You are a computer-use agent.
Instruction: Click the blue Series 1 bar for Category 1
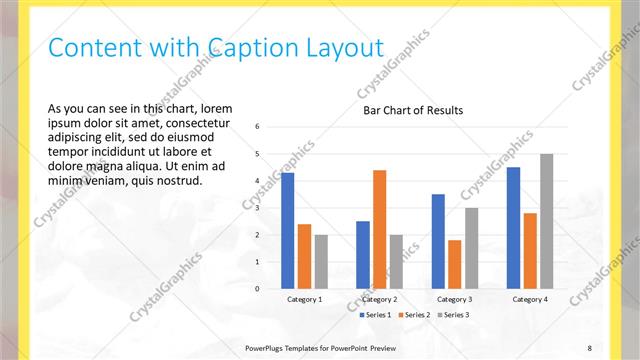(288, 230)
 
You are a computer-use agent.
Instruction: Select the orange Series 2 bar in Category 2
(379, 229)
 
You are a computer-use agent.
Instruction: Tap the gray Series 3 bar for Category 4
(546, 221)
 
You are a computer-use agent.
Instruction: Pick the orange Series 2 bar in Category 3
(455, 264)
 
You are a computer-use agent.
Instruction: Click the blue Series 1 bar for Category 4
(513, 228)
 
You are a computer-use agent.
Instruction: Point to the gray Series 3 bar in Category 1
(321, 262)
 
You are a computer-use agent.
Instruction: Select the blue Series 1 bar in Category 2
(362, 255)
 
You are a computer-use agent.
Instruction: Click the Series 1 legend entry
(376, 315)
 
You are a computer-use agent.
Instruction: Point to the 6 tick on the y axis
(258, 127)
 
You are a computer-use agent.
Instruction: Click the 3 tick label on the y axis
(258, 208)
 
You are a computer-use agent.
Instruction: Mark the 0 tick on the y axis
(258, 289)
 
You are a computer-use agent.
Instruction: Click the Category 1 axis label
(305, 299)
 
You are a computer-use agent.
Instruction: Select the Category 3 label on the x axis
(455, 299)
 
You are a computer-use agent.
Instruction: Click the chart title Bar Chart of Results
(413, 110)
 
